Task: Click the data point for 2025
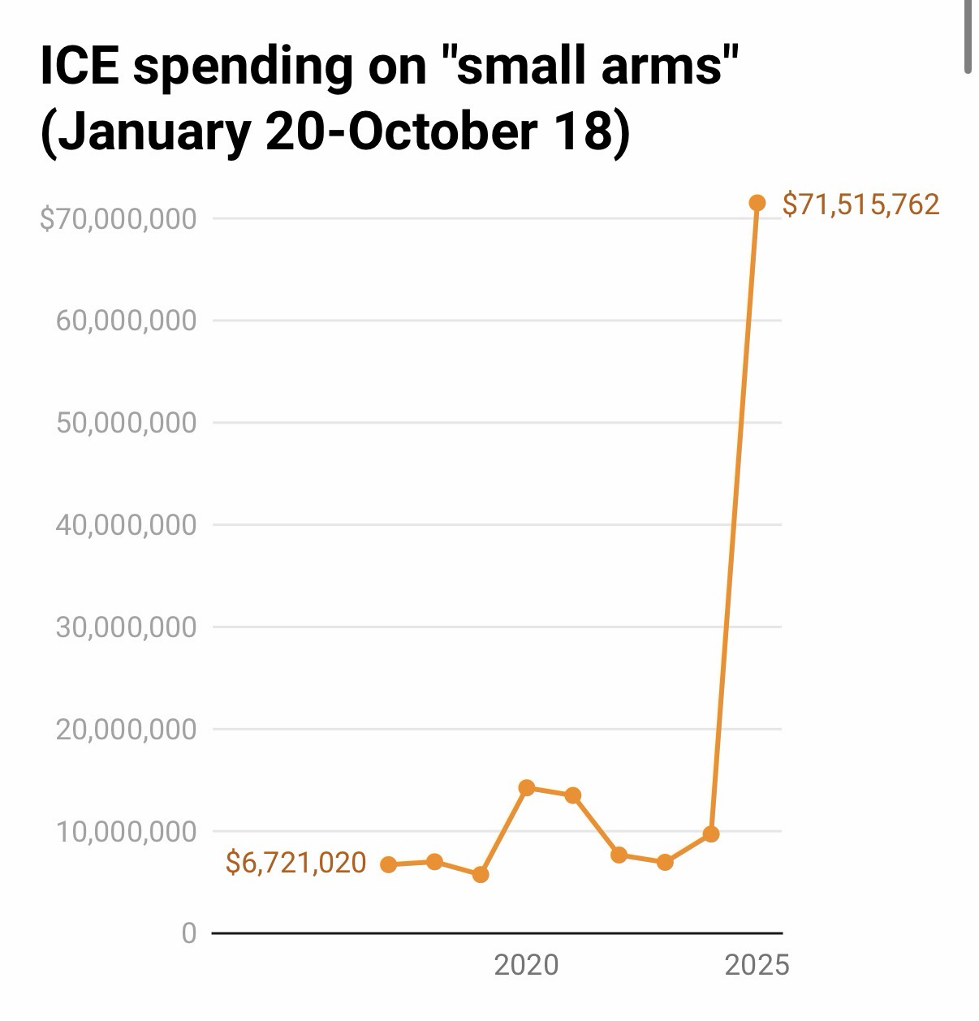pos(757,203)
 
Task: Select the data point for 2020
pos(526,787)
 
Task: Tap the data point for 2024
pos(711,834)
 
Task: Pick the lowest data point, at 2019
pos(481,874)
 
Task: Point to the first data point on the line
pos(389,864)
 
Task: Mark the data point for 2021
pos(572,795)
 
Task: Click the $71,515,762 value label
pos(860,204)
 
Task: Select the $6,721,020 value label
pos(295,862)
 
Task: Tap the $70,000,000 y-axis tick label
pos(119,218)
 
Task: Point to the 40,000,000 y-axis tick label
pos(126,525)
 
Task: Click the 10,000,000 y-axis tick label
pos(126,831)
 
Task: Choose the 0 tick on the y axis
pos(189,933)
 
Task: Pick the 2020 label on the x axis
pos(526,965)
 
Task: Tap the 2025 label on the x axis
pos(757,965)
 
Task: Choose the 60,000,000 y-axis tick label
pos(126,321)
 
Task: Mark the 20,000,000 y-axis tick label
pos(126,729)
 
